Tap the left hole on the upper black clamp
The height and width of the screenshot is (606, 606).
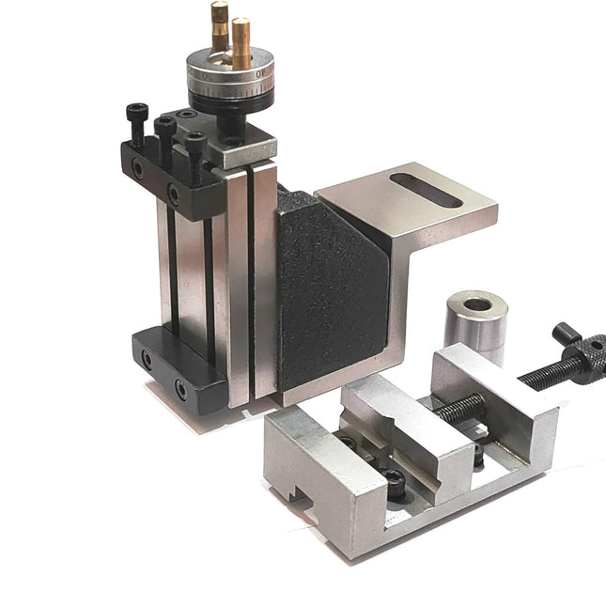click(x=138, y=169)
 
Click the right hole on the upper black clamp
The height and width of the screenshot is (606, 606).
click(x=173, y=194)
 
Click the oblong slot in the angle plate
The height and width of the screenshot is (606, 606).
click(x=438, y=188)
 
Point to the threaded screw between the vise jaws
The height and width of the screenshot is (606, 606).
click(x=460, y=408)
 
